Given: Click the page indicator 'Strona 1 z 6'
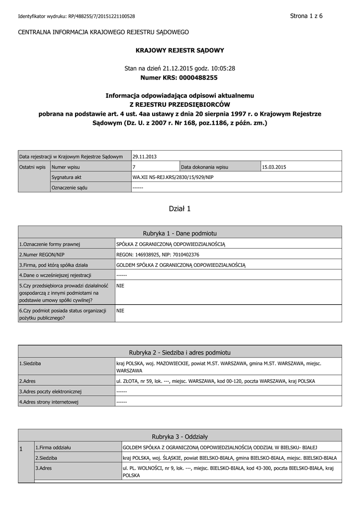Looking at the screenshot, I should coord(306,16).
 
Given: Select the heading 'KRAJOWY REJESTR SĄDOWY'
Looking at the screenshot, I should coord(180,50).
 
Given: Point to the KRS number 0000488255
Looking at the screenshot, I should coord(198,78).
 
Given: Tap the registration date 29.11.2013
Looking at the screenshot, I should coord(145,157).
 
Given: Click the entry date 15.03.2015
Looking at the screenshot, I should coord(275,167).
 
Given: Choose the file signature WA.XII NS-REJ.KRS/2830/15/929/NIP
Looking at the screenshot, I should coord(173,177).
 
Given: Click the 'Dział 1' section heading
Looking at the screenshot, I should coord(180,209).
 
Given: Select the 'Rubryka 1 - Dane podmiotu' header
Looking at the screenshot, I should coord(180,233).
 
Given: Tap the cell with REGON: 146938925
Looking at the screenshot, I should coord(158,254).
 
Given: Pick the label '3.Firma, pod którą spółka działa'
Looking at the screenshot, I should coord(54,264).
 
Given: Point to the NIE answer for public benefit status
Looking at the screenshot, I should coord(120,310).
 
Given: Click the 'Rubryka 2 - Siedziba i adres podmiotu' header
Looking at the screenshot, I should coord(180,352).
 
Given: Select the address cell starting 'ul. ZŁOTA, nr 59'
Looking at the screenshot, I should coord(215,381).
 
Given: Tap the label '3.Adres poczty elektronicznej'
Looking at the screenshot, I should coord(50,392).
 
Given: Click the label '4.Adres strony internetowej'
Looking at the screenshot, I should coord(49,402).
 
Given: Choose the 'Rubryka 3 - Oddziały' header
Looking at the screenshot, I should coord(180,436).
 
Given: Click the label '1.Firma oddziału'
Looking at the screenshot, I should coord(53,447).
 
